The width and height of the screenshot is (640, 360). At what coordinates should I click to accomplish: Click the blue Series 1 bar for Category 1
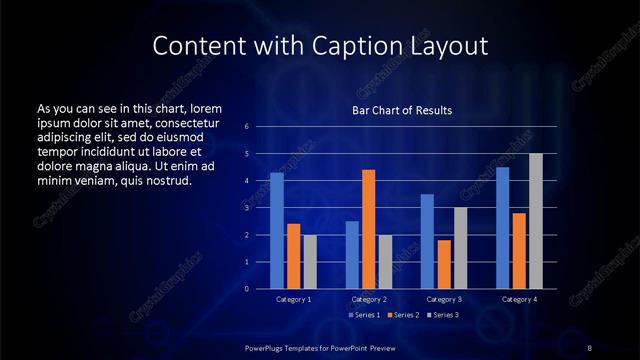click(277, 231)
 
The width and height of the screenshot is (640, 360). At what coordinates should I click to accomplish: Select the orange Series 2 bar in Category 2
click(369, 229)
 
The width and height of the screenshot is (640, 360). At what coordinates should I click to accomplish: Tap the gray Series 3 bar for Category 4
click(535, 221)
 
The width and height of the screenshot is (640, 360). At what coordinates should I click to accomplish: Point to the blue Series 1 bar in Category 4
click(502, 228)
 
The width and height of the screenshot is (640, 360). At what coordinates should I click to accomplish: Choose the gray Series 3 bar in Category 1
click(310, 262)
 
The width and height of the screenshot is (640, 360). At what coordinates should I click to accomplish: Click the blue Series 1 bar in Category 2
click(352, 255)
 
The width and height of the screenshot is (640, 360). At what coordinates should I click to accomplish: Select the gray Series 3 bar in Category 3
click(460, 248)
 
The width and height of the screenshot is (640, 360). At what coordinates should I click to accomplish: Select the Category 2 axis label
click(368, 299)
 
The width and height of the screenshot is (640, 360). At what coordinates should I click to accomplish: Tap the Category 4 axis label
click(518, 299)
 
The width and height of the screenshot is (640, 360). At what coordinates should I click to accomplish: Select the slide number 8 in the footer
click(589, 347)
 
